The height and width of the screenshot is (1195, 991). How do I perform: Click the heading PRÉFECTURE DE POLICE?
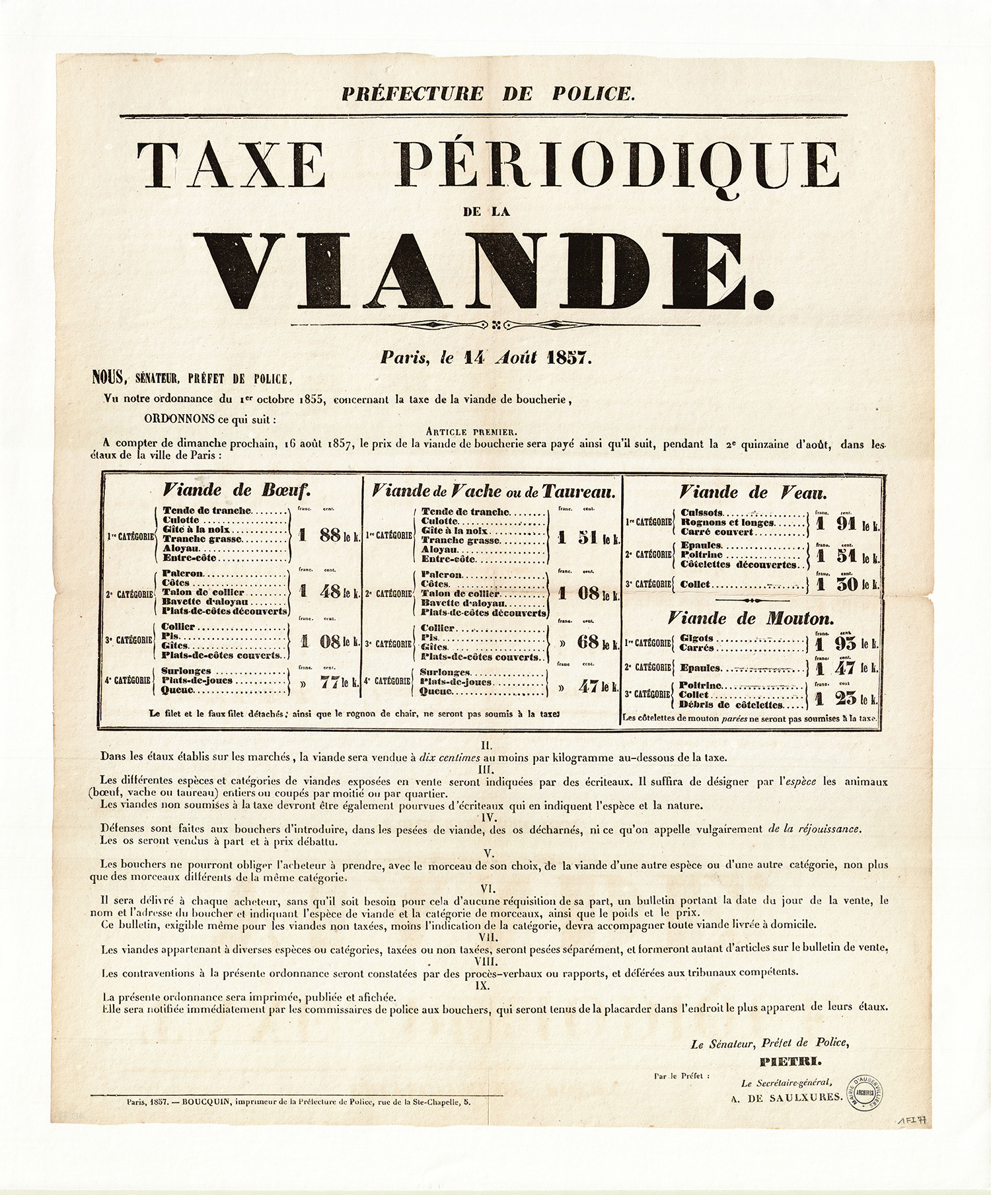488,93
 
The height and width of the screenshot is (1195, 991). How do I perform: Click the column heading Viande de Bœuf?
237,490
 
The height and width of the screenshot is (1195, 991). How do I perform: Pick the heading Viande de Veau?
752,492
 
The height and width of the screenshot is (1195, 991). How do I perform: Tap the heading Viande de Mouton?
750,618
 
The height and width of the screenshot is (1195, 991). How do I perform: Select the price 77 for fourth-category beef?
330,683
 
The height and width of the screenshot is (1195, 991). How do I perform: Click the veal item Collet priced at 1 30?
695,585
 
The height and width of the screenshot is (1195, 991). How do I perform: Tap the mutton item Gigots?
696,638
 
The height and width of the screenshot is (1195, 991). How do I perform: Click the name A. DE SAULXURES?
786,1097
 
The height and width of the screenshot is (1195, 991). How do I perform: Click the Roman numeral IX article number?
486,985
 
